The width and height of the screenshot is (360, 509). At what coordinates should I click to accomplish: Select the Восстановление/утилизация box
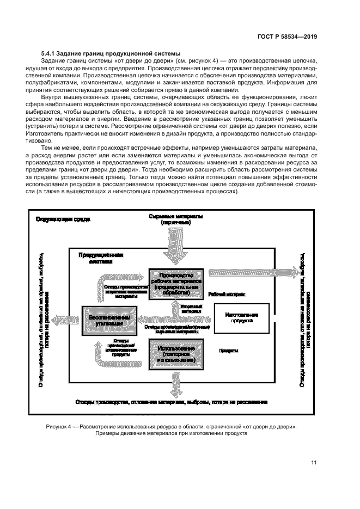[x=109, y=319]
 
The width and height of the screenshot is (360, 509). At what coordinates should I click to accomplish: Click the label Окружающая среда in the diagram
[x=63, y=219]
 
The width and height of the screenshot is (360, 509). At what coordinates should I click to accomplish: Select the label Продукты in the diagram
[x=229, y=351]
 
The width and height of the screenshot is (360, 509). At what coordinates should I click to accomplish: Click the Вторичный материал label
[x=191, y=309]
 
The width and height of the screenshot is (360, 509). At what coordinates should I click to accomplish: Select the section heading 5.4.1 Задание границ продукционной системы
[x=111, y=52]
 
